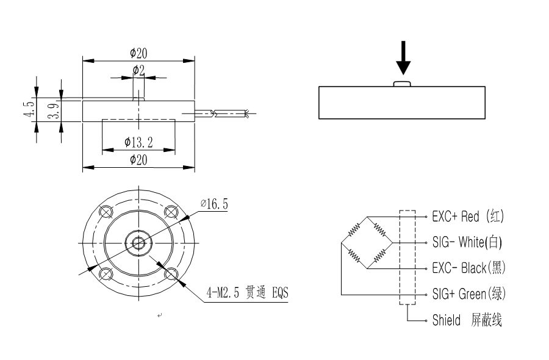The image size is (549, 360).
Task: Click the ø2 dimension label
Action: [138, 70]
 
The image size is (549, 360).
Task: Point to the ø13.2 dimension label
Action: [138, 143]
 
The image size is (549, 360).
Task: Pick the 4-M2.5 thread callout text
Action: [246, 293]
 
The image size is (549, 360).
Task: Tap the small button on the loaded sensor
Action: [403, 83]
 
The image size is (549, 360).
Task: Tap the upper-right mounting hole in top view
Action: [171, 212]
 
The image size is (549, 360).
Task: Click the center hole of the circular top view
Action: [138, 242]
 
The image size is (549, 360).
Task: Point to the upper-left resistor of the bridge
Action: [354, 230]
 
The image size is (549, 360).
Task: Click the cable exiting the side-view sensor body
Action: [226, 113]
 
